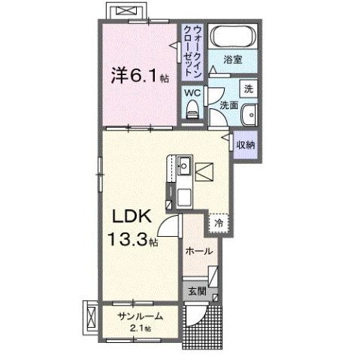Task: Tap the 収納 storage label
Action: point(244,143)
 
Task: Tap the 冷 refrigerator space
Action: point(219,223)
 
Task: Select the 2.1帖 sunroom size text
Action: point(139,328)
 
